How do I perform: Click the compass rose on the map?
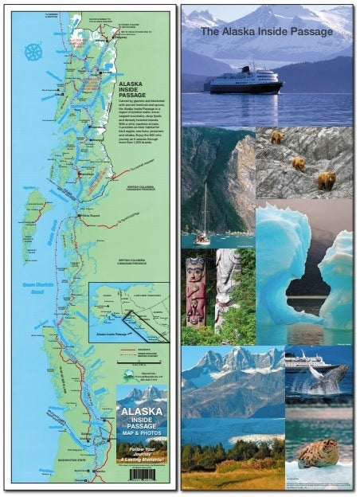33,53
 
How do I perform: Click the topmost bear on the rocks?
276,137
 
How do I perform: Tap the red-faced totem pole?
195,291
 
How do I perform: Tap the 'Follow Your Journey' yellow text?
142,451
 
